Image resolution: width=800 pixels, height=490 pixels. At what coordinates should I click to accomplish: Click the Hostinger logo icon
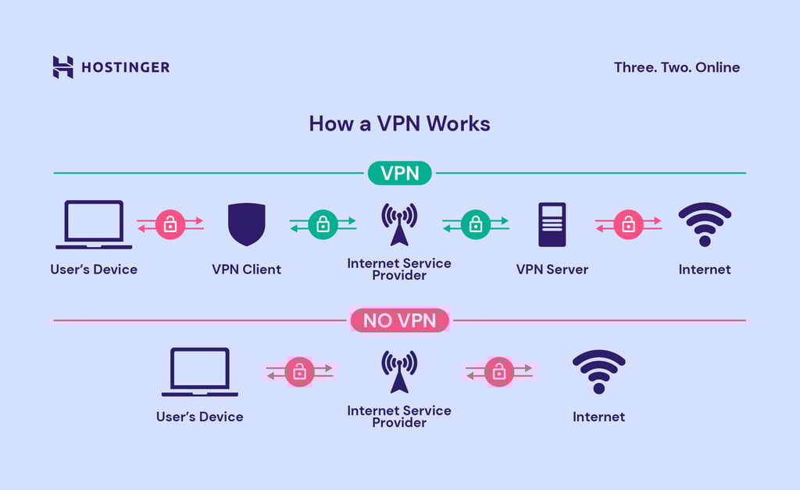tap(62, 67)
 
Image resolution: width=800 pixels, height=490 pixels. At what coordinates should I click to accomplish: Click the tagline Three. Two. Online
tap(677, 67)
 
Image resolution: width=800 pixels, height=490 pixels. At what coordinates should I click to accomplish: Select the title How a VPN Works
tap(399, 123)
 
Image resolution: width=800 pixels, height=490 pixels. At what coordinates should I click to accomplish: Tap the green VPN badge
tap(400, 173)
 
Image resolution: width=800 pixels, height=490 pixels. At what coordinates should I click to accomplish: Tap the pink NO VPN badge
tap(400, 320)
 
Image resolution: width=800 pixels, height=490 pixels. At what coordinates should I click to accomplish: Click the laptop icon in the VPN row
tap(94, 225)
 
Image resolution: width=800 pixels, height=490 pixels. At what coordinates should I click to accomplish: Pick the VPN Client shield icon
tap(246, 225)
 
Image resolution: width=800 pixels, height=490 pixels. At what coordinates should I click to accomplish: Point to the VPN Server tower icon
tap(552, 225)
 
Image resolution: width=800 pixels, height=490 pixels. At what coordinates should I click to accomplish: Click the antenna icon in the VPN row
tap(399, 224)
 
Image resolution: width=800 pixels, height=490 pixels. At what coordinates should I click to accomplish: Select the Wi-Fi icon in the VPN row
tap(705, 225)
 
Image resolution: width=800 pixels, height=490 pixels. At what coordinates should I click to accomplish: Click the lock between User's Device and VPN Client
tap(170, 225)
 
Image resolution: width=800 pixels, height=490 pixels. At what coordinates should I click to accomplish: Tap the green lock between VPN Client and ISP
tap(323, 225)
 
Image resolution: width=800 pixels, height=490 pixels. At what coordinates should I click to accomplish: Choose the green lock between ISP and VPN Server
tap(476, 225)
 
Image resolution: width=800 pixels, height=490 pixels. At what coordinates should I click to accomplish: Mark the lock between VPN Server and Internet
tap(628, 225)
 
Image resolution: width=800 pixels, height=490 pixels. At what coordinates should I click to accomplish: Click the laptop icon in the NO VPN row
tap(200, 372)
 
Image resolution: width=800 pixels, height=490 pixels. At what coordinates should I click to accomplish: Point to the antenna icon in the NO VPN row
tap(399, 371)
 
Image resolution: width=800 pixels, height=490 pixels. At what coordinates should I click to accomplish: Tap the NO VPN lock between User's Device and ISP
tap(299, 372)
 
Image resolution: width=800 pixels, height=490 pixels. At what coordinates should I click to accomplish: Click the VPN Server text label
tap(552, 270)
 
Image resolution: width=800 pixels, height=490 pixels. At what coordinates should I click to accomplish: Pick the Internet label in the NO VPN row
tap(598, 417)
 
